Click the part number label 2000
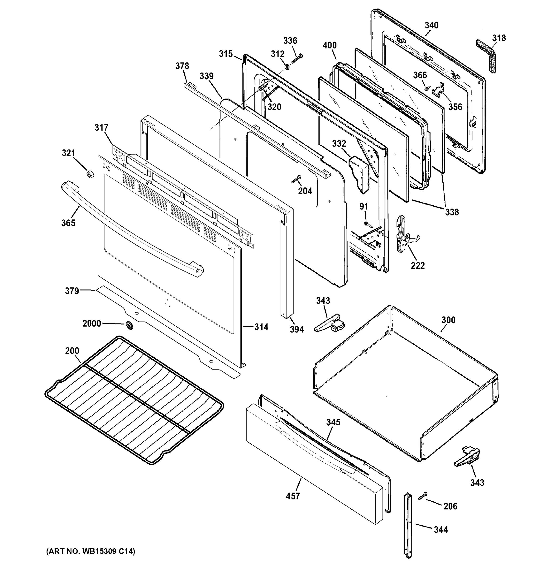click(x=91, y=324)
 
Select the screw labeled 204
click(x=296, y=179)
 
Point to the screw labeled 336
click(x=297, y=59)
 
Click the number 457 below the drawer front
click(x=293, y=496)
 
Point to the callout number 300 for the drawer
click(x=448, y=320)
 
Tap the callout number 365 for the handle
click(x=68, y=223)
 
